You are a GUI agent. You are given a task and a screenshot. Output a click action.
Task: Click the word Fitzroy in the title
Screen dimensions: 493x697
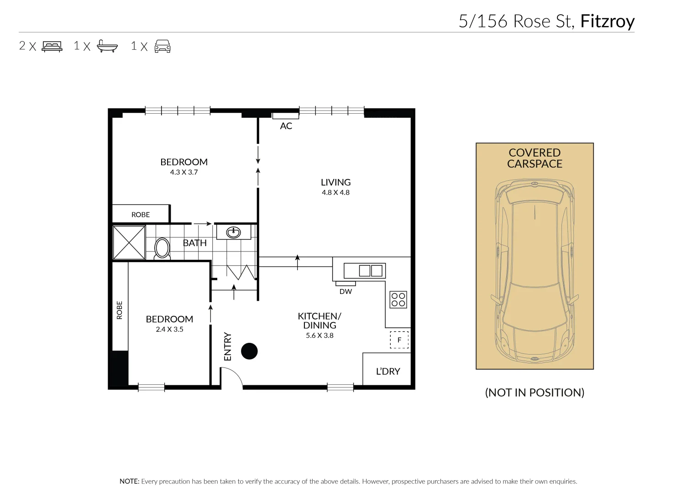(x=607, y=21)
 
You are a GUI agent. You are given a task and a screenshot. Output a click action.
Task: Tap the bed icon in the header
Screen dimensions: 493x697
(x=52, y=46)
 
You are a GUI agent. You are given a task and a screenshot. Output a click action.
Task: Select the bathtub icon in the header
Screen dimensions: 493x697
(x=108, y=46)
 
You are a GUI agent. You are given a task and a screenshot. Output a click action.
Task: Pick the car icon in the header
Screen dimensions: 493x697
(x=162, y=46)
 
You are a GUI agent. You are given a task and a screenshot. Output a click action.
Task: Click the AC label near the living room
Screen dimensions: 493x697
(x=286, y=126)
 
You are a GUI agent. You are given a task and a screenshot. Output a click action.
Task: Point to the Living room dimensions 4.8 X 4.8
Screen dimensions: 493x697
(x=335, y=193)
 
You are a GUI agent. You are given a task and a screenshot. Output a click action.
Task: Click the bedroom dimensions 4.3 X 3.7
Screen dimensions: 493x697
(x=183, y=173)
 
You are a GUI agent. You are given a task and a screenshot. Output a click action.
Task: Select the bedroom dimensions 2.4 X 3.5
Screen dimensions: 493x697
(x=169, y=330)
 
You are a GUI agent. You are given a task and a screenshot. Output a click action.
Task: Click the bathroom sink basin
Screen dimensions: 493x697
(x=233, y=232)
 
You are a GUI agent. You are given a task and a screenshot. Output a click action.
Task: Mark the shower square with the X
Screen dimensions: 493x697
(x=129, y=242)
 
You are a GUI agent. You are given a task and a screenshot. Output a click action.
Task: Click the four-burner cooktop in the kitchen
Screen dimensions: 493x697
(x=398, y=300)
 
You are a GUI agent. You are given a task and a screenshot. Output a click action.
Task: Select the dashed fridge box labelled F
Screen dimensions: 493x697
(x=399, y=340)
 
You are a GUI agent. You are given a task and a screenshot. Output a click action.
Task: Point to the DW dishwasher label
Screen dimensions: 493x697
(x=346, y=292)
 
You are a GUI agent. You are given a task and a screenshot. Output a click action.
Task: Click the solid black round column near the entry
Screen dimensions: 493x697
(x=249, y=351)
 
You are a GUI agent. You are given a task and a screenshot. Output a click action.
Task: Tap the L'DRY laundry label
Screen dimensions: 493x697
(x=388, y=372)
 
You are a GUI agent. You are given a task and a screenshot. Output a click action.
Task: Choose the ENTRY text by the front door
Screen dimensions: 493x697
(x=228, y=346)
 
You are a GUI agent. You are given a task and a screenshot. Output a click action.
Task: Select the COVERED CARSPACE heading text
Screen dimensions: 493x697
(x=535, y=158)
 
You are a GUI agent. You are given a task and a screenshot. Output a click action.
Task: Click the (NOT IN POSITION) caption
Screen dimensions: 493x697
(x=535, y=393)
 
